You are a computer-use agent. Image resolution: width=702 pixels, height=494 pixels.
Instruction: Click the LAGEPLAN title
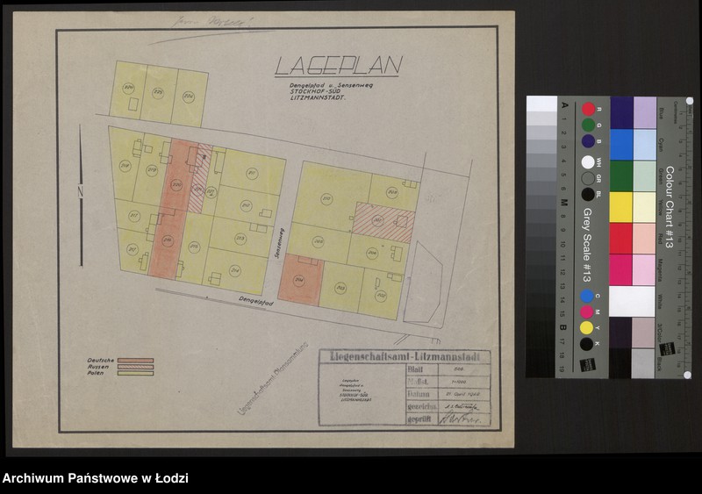click(x=338, y=66)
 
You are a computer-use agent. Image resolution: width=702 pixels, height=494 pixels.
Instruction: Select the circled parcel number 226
click(x=128, y=88)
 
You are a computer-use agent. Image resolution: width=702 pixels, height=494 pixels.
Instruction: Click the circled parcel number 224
click(x=188, y=97)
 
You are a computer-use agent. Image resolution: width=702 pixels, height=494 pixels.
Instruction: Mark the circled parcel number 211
click(x=252, y=174)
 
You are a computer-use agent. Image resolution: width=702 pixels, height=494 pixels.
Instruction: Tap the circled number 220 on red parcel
click(x=176, y=184)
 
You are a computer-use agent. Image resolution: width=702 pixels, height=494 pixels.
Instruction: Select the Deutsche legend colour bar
click(x=136, y=361)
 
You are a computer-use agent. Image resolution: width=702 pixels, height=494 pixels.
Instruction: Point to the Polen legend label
click(x=96, y=373)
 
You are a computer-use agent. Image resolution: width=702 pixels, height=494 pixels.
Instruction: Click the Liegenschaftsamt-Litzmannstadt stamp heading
click(x=405, y=356)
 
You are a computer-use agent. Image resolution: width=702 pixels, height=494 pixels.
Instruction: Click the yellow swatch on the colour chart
click(x=620, y=207)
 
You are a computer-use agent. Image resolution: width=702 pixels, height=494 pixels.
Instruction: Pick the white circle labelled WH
click(x=587, y=162)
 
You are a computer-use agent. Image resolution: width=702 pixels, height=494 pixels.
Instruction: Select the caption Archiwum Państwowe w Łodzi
click(x=95, y=479)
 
